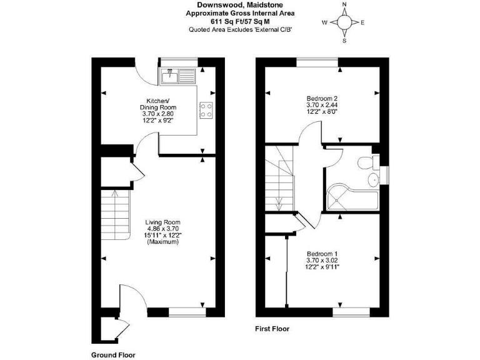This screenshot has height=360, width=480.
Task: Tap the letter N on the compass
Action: pyautogui.click(x=344, y=5)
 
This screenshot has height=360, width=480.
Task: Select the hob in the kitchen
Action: pyautogui.click(x=206, y=110)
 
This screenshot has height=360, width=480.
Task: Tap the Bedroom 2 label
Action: pyautogui.click(x=322, y=99)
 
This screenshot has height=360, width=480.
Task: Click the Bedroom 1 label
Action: pyautogui.click(x=322, y=254)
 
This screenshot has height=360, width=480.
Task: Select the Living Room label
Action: pyautogui.click(x=162, y=222)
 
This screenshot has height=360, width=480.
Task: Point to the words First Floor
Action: pyautogui.click(x=272, y=328)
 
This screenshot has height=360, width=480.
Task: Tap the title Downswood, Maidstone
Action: pyautogui.click(x=240, y=5)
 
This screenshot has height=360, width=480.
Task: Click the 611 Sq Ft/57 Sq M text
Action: pyautogui.click(x=240, y=21)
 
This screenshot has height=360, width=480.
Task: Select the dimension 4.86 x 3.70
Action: pyautogui.click(x=162, y=229)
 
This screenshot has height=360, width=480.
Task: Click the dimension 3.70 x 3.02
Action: pyautogui.click(x=322, y=261)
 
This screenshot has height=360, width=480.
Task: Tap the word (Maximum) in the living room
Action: pyautogui.click(x=162, y=242)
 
